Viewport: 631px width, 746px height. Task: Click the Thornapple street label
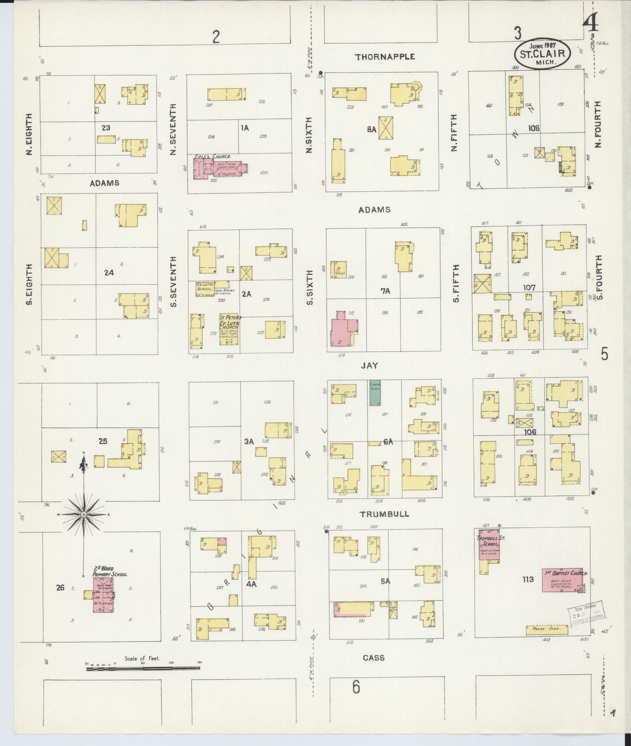385,57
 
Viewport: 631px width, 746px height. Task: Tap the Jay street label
369,366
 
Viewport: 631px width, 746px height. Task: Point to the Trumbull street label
384,514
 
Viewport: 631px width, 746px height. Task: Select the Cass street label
373,657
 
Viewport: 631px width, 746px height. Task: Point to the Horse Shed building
547,630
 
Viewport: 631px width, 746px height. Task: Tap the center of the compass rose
83,515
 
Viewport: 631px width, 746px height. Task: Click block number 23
106,128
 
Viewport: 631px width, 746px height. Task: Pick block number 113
528,579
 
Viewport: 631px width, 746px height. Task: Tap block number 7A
385,291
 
